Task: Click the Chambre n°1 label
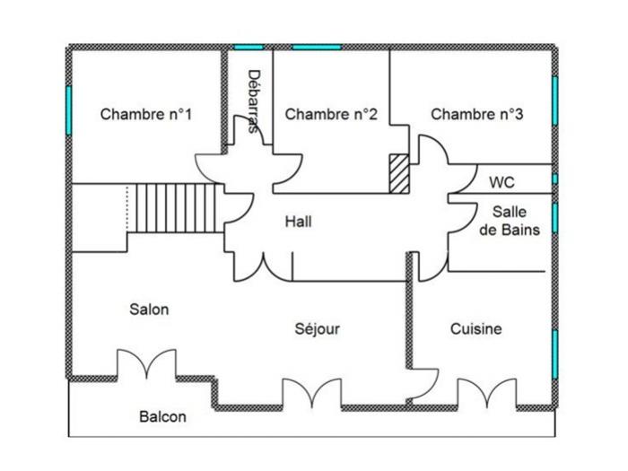[x=145, y=114]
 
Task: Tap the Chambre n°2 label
[x=331, y=114]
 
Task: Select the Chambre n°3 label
[x=477, y=114]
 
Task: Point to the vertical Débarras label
[x=254, y=101]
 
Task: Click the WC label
[x=502, y=183]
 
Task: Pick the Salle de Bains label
[x=510, y=221]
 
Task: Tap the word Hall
[x=299, y=222]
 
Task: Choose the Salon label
[x=149, y=310]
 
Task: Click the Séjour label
[x=318, y=329]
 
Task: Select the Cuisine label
[x=475, y=329]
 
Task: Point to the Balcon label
[x=162, y=416]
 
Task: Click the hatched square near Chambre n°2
[x=399, y=173]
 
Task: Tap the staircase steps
[x=176, y=208]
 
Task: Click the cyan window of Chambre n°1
[x=68, y=110]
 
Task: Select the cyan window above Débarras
[x=249, y=48]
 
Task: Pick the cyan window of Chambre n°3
[x=554, y=100]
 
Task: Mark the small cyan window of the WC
[x=554, y=179]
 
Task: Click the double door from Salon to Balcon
[x=146, y=363]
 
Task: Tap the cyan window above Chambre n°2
[x=317, y=48]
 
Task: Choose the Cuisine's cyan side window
[x=554, y=354]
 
